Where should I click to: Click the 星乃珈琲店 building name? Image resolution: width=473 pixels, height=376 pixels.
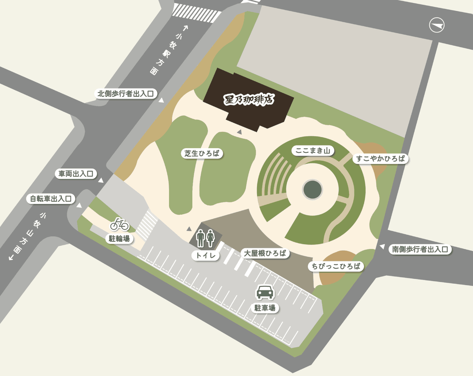point(249,100)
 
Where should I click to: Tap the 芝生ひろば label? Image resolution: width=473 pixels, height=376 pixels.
point(202,153)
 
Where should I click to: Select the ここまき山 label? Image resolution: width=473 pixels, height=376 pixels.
point(312,151)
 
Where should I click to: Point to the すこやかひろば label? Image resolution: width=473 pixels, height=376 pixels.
point(381,159)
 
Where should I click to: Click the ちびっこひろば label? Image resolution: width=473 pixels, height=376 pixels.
point(336,266)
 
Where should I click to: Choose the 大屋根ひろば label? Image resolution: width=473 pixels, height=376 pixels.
point(265,253)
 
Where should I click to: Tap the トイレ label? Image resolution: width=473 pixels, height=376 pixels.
point(206,255)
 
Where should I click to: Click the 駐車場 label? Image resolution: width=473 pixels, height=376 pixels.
point(265,308)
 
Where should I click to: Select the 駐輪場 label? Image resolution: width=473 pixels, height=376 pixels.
point(119,239)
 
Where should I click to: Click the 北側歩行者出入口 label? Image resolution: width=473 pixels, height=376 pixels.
point(126,94)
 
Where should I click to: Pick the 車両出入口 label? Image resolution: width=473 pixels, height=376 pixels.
point(76,174)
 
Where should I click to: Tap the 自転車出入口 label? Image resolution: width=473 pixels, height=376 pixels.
point(51,199)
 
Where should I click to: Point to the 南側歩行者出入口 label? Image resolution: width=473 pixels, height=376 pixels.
point(420,249)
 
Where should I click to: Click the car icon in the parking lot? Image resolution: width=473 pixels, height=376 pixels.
point(265,292)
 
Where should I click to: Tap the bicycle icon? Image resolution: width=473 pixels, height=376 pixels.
point(120,224)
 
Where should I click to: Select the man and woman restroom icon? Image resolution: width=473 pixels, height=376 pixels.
point(205,238)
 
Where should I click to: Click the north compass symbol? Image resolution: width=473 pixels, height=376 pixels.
point(437,25)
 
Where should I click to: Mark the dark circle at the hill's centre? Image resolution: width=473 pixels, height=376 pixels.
point(312,190)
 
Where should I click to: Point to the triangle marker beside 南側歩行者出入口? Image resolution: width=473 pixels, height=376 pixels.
point(382,246)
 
